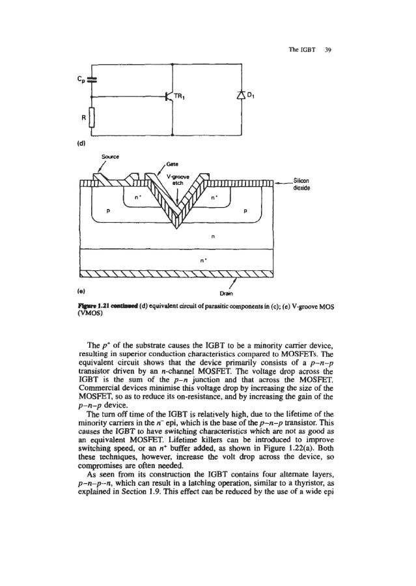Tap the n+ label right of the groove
click(x=214, y=195)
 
